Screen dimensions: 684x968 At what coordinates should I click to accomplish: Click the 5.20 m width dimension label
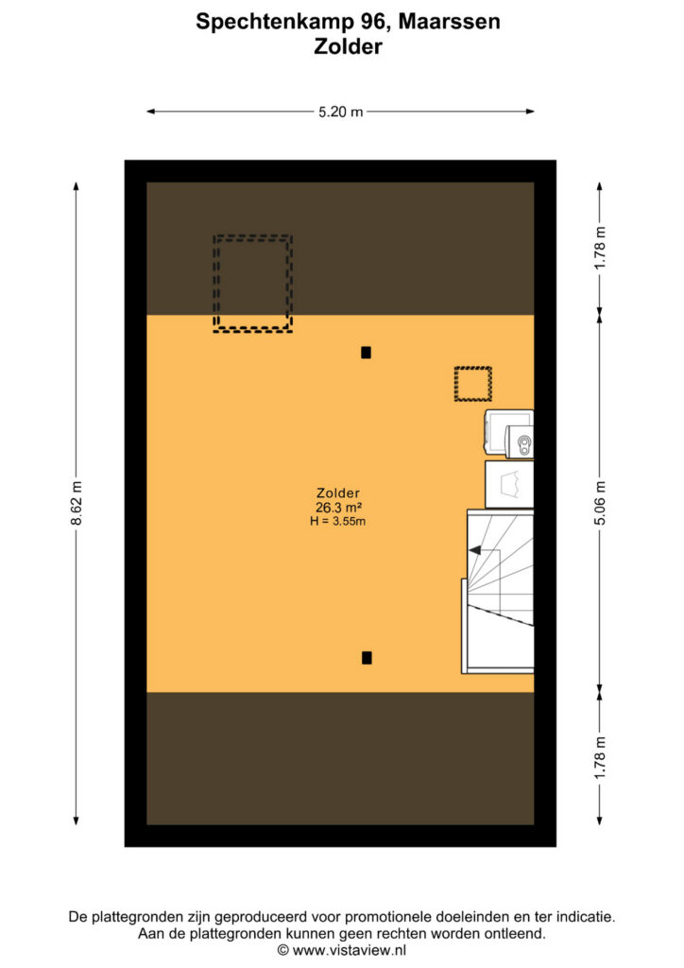(x=340, y=112)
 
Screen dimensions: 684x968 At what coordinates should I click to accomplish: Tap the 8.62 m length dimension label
(x=76, y=503)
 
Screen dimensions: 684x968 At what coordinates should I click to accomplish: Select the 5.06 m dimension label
(x=600, y=503)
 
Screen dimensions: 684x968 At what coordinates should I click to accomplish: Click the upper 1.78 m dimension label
(x=600, y=248)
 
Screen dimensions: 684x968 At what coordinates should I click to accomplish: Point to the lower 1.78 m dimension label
(x=600, y=757)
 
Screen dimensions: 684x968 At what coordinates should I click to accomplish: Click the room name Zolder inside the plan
(x=338, y=493)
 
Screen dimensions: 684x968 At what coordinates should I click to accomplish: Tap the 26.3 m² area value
(x=338, y=508)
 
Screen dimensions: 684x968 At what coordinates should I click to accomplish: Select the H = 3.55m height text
(x=338, y=521)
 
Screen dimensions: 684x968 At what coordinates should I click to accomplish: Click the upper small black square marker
(x=366, y=353)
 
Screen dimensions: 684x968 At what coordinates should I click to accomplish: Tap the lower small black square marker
(x=367, y=658)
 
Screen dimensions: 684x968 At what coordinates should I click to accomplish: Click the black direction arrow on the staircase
(x=475, y=550)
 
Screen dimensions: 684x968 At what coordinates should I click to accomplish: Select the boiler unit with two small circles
(x=520, y=441)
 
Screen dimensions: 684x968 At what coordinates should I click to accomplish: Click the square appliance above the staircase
(x=509, y=485)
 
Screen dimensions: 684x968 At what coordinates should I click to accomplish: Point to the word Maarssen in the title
(x=449, y=22)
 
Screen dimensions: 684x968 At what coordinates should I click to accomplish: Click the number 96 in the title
(x=374, y=22)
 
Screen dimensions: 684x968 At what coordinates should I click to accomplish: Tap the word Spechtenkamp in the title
(x=275, y=23)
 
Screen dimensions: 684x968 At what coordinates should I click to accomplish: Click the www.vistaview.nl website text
(x=350, y=951)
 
